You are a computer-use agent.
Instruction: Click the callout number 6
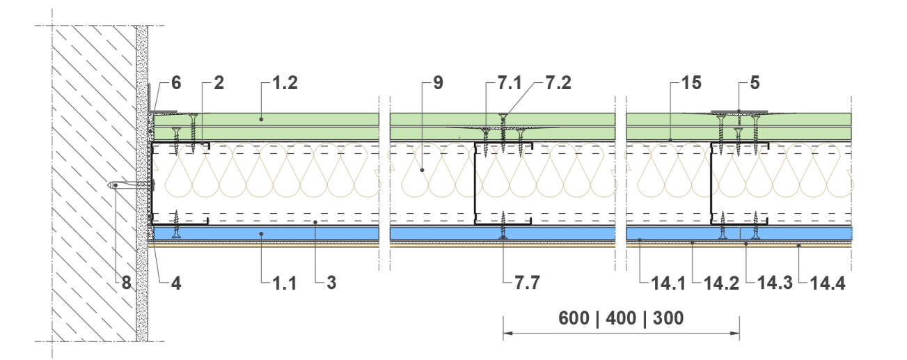[176, 83]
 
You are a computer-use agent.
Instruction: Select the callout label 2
[219, 83]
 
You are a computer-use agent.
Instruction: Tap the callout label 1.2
[285, 83]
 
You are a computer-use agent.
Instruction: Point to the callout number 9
[438, 83]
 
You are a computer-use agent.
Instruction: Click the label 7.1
[510, 83]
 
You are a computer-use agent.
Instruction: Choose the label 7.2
[558, 83]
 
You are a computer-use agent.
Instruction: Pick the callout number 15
[691, 83]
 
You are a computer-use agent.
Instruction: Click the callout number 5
[755, 83]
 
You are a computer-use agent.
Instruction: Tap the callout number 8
[126, 283]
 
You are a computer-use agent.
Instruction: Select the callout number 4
[176, 283]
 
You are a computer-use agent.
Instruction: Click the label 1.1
[284, 283]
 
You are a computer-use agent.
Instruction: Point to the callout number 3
[331, 283]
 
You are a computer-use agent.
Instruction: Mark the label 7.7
[527, 283]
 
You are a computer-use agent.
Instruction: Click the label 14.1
[668, 283]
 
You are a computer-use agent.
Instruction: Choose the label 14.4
[827, 283]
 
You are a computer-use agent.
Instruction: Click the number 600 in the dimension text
[574, 318]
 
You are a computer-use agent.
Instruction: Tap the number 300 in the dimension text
[668, 318]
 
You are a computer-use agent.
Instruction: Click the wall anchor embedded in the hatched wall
[131, 185]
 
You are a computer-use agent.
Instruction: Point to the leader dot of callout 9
[422, 170]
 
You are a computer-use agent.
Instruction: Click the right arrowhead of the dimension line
[734, 334]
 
